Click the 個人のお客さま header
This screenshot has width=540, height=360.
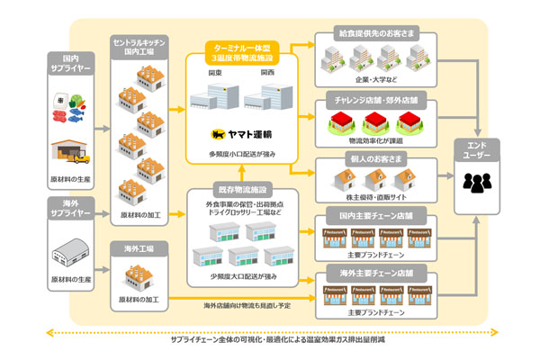point(377,158)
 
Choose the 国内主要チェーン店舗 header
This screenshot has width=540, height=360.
point(377,218)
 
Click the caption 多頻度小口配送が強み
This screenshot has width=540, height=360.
point(246,155)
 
